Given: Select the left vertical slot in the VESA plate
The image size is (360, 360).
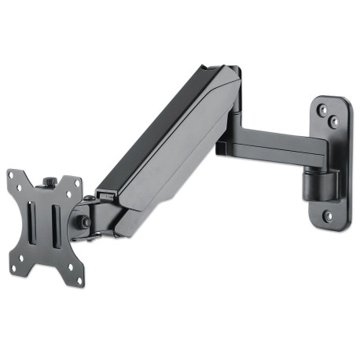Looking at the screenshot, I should [x=32, y=221].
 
